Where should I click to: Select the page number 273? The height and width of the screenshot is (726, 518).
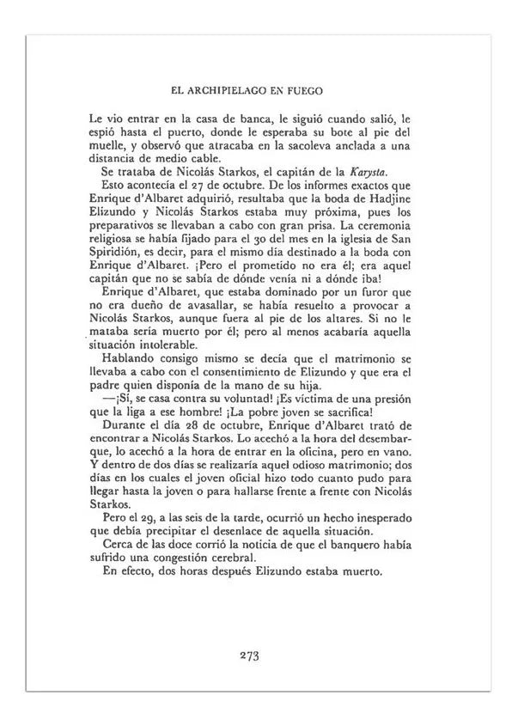250,656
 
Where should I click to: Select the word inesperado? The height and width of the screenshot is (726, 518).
375,518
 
